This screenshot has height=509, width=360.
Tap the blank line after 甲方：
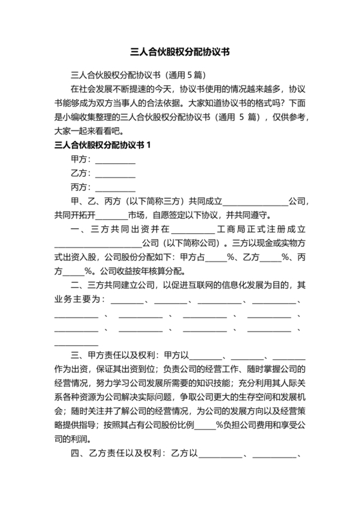click(115, 159)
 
